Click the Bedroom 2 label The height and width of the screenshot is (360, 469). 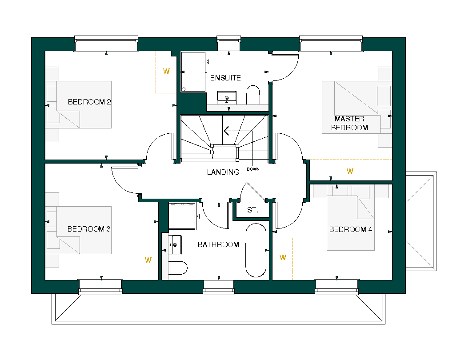coord(89,102)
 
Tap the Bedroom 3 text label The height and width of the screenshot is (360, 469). coord(89,229)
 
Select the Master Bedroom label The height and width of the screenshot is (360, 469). coord(349,123)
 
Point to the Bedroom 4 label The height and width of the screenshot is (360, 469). coord(351,229)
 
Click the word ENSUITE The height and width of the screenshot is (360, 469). coord(225,78)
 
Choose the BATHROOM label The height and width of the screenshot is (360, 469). coord(218,244)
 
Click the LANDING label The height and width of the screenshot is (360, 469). coord(223,172)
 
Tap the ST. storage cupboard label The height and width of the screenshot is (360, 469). coord(253,210)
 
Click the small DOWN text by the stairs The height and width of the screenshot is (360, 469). coord(253,169)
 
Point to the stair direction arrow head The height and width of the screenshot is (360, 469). coord(226,131)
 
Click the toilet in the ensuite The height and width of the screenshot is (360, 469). coord(253,95)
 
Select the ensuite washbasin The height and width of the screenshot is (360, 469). coord(227,97)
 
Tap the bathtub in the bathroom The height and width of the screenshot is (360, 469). coord(256,250)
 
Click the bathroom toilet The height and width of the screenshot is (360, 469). coord(178,268)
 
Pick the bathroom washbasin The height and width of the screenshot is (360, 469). coord(175,245)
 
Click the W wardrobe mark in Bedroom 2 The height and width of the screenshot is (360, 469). coord(166,71)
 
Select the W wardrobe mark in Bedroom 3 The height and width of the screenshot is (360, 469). coord(148,260)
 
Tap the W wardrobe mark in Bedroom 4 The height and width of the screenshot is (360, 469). coord(283,257)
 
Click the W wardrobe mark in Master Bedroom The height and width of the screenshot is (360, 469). coord(350,171)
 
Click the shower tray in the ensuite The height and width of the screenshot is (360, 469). coord(193,72)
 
